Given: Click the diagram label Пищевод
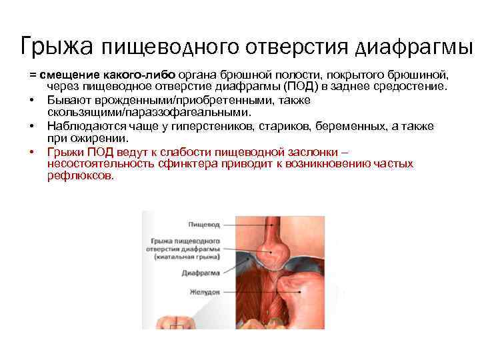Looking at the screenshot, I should click(203, 226).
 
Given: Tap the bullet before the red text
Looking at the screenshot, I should click(31, 151).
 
